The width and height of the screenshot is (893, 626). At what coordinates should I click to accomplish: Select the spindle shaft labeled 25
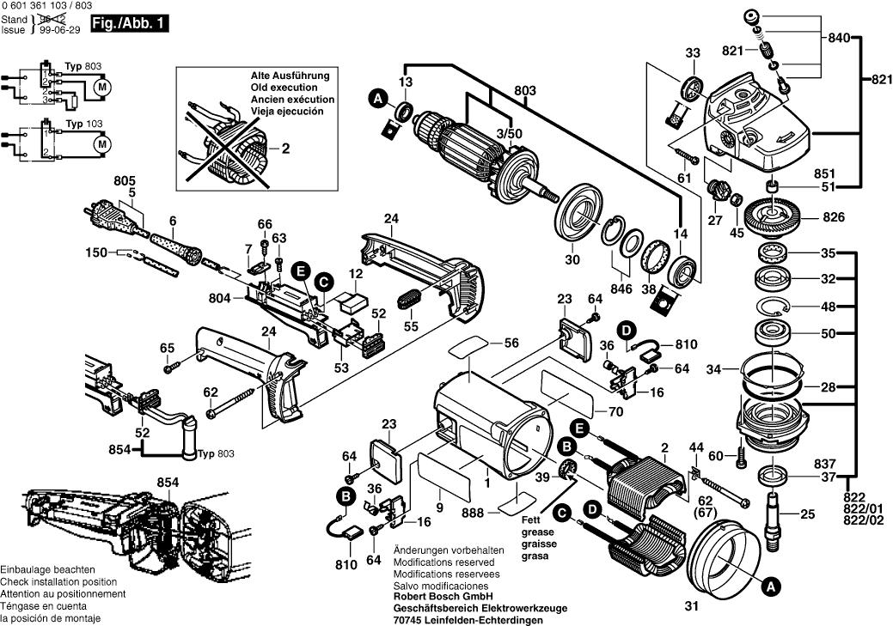pyautogui.click(x=777, y=516)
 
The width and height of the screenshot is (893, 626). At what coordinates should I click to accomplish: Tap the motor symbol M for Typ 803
pyautogui.click(x=102, y=87)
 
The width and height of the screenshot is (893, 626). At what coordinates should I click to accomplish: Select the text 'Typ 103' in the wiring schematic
pyautogui.click(x=84, y=125)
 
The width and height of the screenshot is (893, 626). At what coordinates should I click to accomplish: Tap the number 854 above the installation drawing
pyautogui.click(x=168, y=483)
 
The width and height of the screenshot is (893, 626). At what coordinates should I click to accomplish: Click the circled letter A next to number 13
pyautogui.click(x=376, y=100)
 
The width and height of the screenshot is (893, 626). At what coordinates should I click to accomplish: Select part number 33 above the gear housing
pyautogui.click(x=693, y=53)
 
